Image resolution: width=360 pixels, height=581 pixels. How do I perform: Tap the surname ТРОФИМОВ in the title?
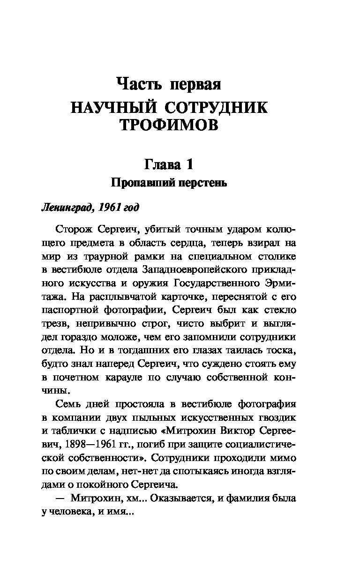[169, 125]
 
